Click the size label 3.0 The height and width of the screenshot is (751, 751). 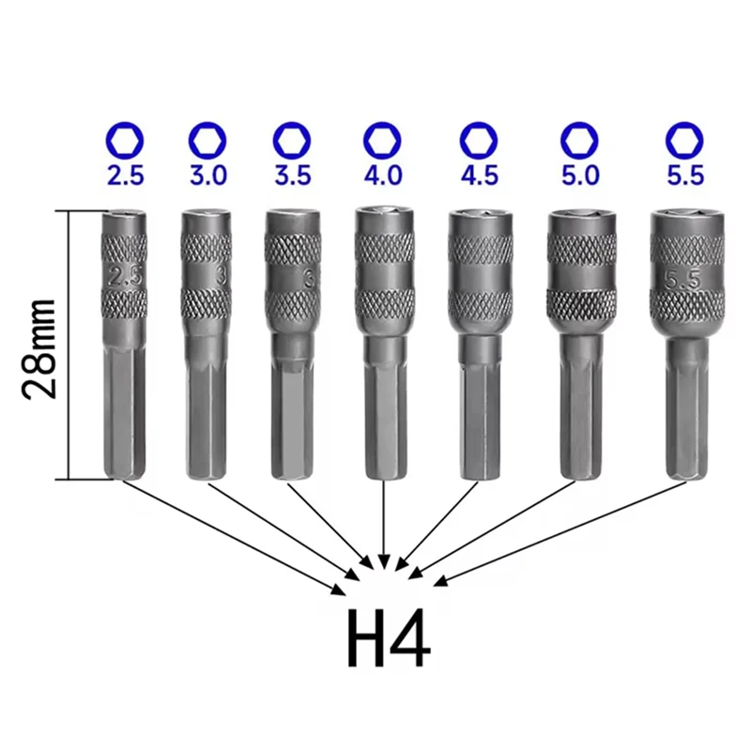207,176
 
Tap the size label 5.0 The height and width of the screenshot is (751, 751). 579,176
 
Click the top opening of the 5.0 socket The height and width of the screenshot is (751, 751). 579,215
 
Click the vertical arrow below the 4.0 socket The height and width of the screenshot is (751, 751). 383,526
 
